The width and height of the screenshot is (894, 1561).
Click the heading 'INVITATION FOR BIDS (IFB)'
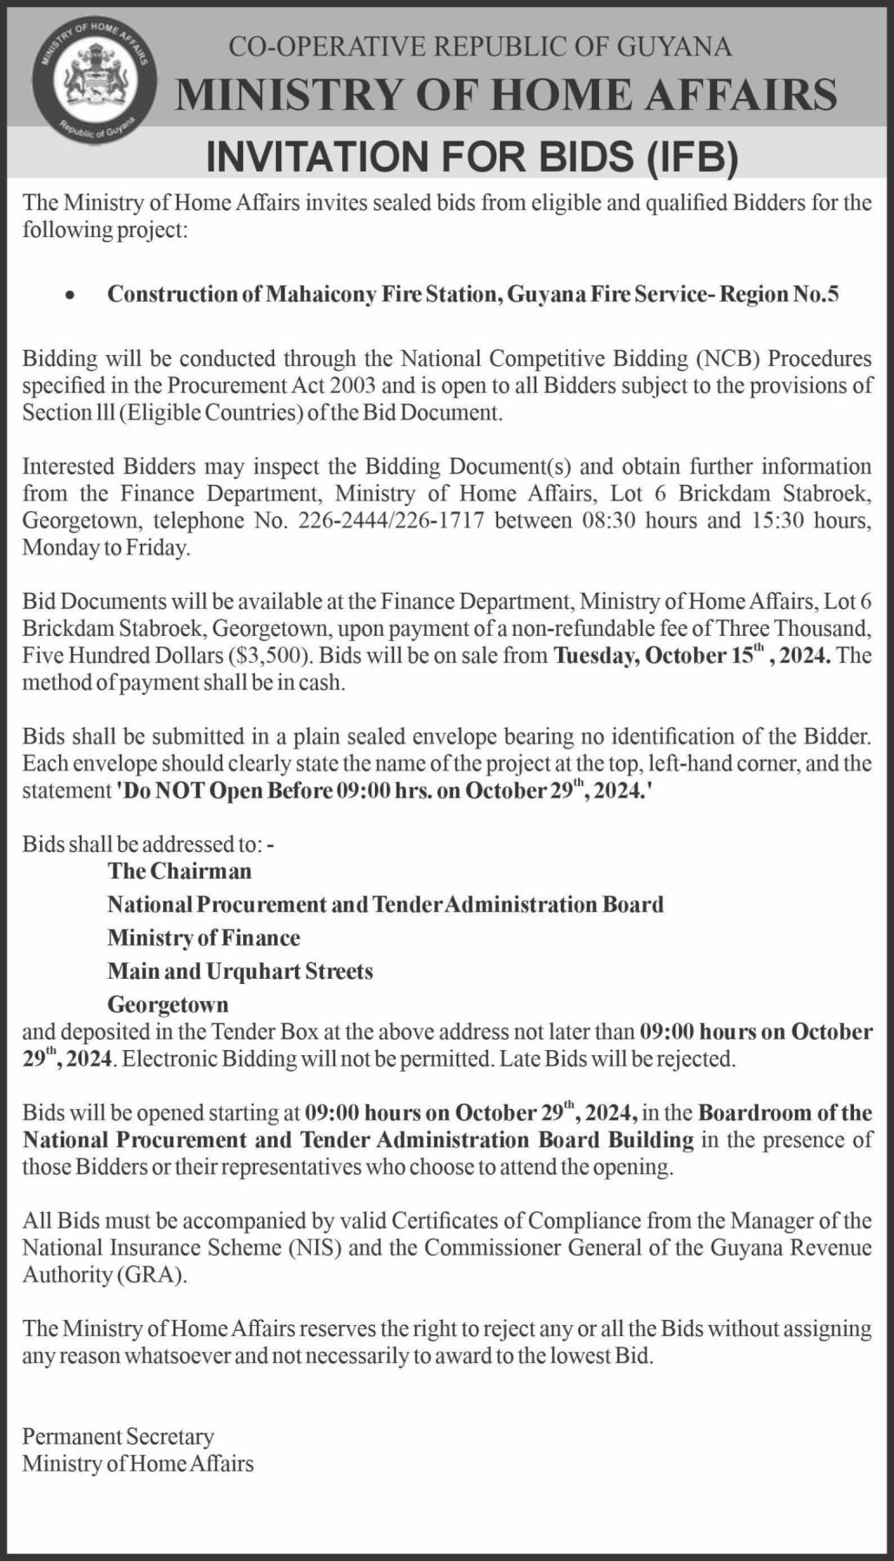471,158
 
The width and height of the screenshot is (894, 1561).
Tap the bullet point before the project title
69,296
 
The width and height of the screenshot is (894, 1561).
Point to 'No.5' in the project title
818,294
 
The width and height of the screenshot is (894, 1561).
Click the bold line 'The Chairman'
180,870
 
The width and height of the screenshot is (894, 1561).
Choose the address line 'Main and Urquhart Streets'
240,971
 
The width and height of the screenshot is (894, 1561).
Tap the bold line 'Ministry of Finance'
204,938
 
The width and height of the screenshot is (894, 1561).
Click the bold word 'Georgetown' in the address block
168,1005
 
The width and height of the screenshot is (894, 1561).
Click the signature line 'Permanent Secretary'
118,1437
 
